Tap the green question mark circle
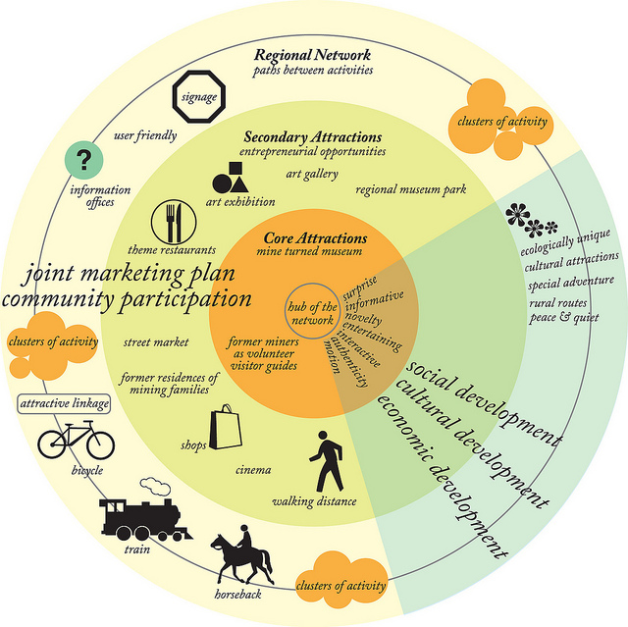tap(83, 160)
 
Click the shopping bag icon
tap(226, 428)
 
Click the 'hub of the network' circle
tap(312, 314)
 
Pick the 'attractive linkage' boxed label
tap(65, 402)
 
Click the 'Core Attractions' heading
tap(315, 237)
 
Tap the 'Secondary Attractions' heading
tap(312, 137)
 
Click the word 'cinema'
tap(253, 470)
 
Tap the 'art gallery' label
tap(312, 174)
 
